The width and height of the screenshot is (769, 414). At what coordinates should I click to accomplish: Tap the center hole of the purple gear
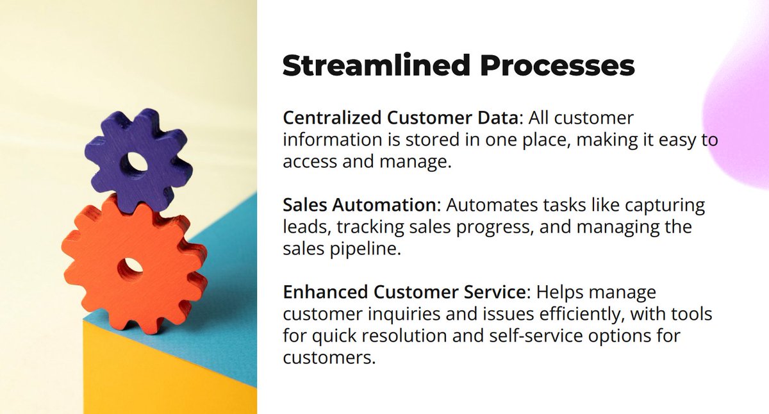pos(136,161)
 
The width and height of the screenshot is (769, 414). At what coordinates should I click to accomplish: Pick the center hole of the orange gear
pos(131,265)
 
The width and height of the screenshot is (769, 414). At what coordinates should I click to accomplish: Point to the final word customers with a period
pos(329,358)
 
